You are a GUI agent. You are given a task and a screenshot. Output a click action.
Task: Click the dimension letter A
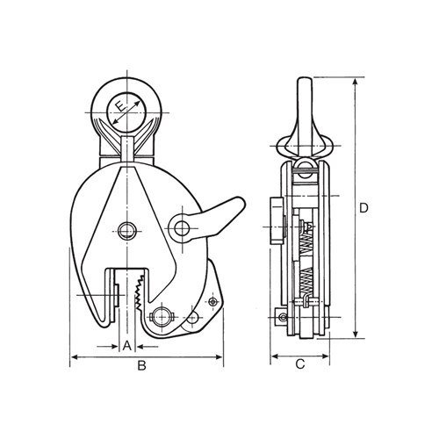point(126,345)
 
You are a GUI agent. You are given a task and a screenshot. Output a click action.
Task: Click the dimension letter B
point(142,367)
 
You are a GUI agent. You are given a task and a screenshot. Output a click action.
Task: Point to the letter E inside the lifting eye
point(126,109)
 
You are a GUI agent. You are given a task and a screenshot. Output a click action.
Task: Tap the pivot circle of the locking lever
point(183,228)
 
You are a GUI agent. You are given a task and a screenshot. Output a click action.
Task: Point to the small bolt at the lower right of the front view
point(212,302)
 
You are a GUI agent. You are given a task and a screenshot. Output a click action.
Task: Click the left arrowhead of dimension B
point(74,357)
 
